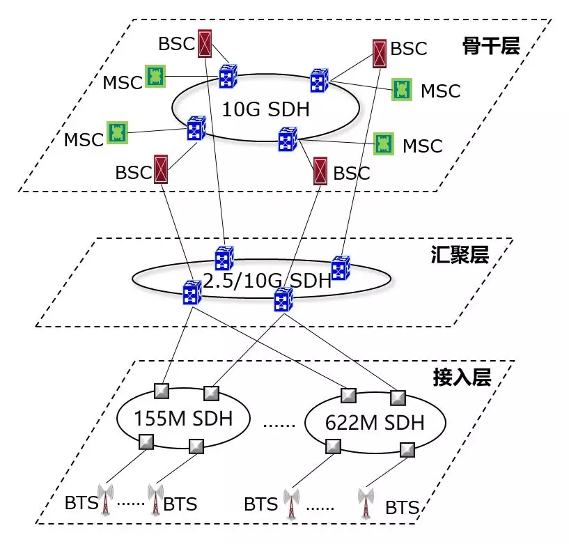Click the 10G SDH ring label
[x=265, y=110]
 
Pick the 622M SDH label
[x=375, y=422]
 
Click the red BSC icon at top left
[x=205, y=43]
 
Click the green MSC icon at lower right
[x=383, y=143]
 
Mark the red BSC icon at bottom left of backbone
[x=162, y=169]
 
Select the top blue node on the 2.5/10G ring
[x=224, y=258]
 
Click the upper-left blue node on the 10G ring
[x=228, y=77]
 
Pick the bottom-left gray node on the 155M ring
[x=146, y=441]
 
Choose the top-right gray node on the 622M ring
[x=397, y=398]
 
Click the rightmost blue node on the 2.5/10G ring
[x=340, y=268]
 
